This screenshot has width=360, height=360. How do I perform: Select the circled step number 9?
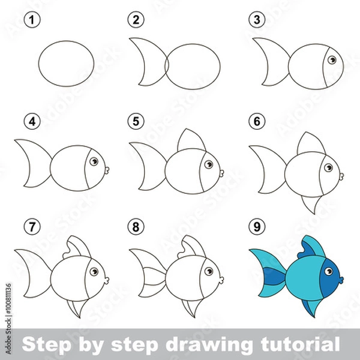(256, 227)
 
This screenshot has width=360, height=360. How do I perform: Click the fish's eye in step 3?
(332, 59)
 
